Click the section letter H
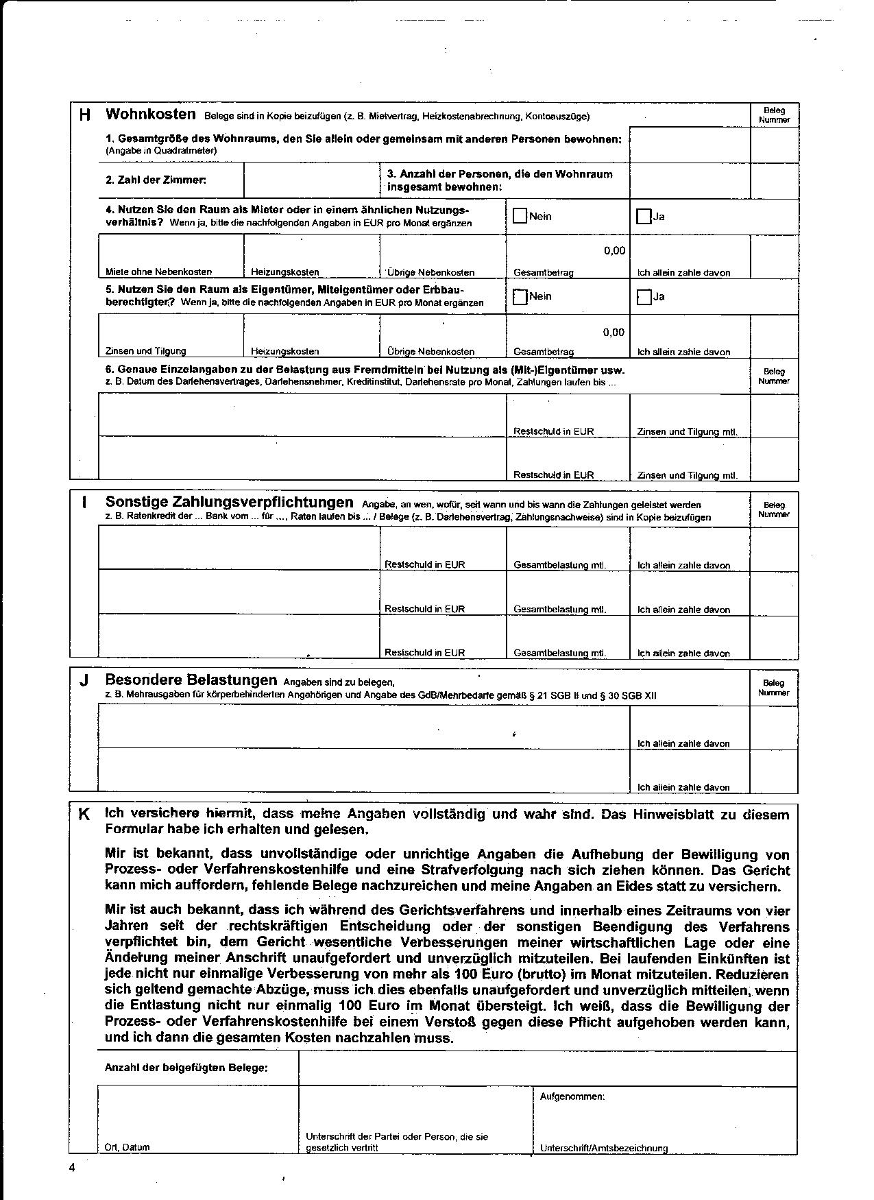point(85,115)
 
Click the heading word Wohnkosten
point(150,115)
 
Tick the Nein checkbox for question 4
point(520,216)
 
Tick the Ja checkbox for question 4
point(643,217)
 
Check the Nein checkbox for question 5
point(520,297)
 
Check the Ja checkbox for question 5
point(643,297)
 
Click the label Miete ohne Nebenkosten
point(158,272)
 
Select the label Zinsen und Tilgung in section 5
point(145,351)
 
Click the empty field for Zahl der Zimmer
point(311,180)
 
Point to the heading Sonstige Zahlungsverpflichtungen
point(229,503)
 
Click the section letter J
point(84,681)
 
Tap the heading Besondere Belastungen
point(191,680)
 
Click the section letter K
point(84,815)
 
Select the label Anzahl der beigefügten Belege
point(186,1068)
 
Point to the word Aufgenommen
point(572,1096)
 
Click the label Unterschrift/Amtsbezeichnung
point(603,1148)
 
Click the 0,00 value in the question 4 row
point(614,251)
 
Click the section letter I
point(84,503)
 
